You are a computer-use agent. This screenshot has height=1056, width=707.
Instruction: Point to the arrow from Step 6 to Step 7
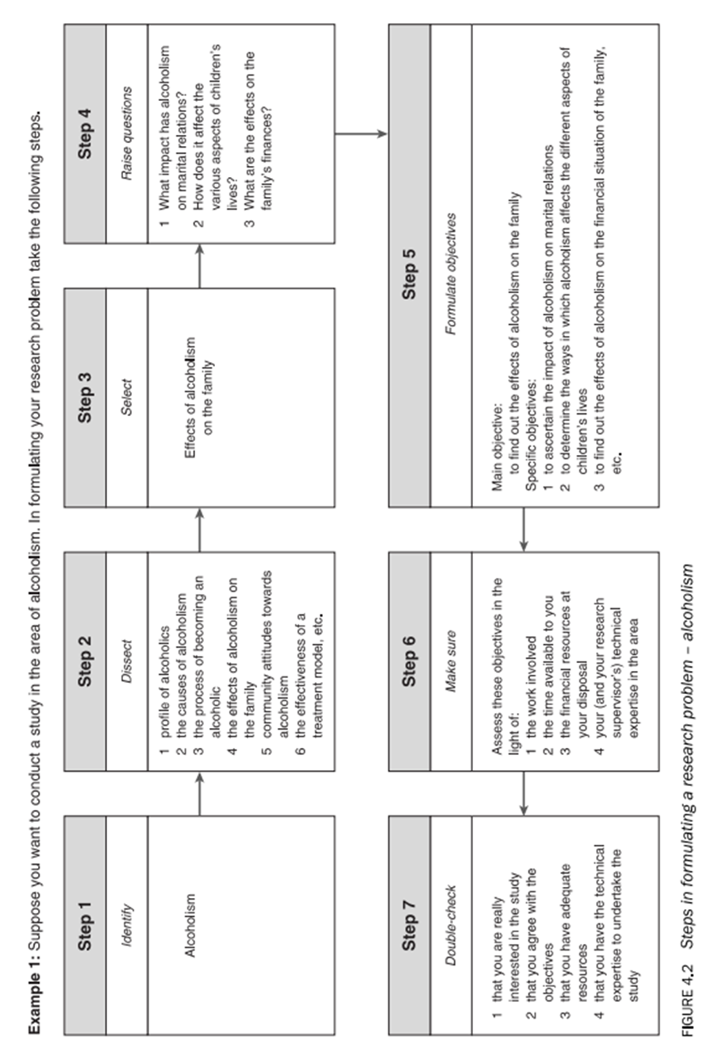[524, 790]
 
